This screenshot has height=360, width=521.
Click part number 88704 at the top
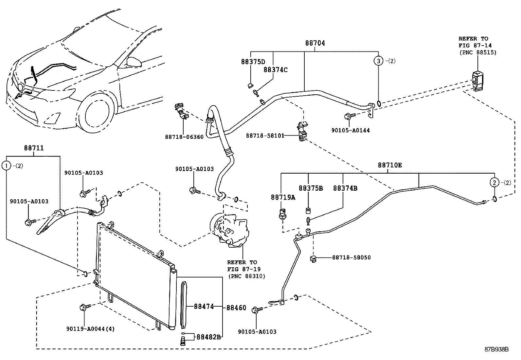point(315,43)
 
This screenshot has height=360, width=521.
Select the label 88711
point(34,148)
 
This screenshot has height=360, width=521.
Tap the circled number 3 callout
point(378,61)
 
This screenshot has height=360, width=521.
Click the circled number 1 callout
point(6,166)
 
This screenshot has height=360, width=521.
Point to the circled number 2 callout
point(494,182)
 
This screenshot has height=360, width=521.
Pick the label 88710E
point(390,165)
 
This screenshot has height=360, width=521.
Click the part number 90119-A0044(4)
point(90,329)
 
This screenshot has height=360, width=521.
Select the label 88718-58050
point(351,257)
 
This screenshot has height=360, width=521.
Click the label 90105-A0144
point(350,130)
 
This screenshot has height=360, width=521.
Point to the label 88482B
point(208,336)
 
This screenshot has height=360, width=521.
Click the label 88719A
point(283,197)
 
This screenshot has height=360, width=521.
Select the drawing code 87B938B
point(496,349)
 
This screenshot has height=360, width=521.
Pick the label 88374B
point(345,188)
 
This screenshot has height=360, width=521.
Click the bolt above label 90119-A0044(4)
point(82,307)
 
